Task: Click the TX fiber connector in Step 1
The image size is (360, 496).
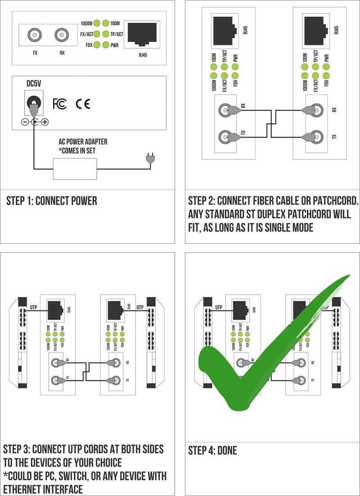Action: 35,35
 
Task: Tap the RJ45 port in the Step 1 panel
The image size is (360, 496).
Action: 142,34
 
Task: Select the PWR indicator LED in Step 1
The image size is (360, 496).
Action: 106,45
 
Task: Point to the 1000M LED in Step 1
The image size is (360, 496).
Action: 96,23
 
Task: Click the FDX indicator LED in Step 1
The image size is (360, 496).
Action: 96,45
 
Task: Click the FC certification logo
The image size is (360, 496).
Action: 59,104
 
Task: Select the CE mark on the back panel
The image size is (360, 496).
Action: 82,104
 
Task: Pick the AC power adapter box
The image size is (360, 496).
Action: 75,169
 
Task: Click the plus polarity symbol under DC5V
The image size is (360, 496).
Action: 45,122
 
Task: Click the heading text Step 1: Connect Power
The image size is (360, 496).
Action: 51,201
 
